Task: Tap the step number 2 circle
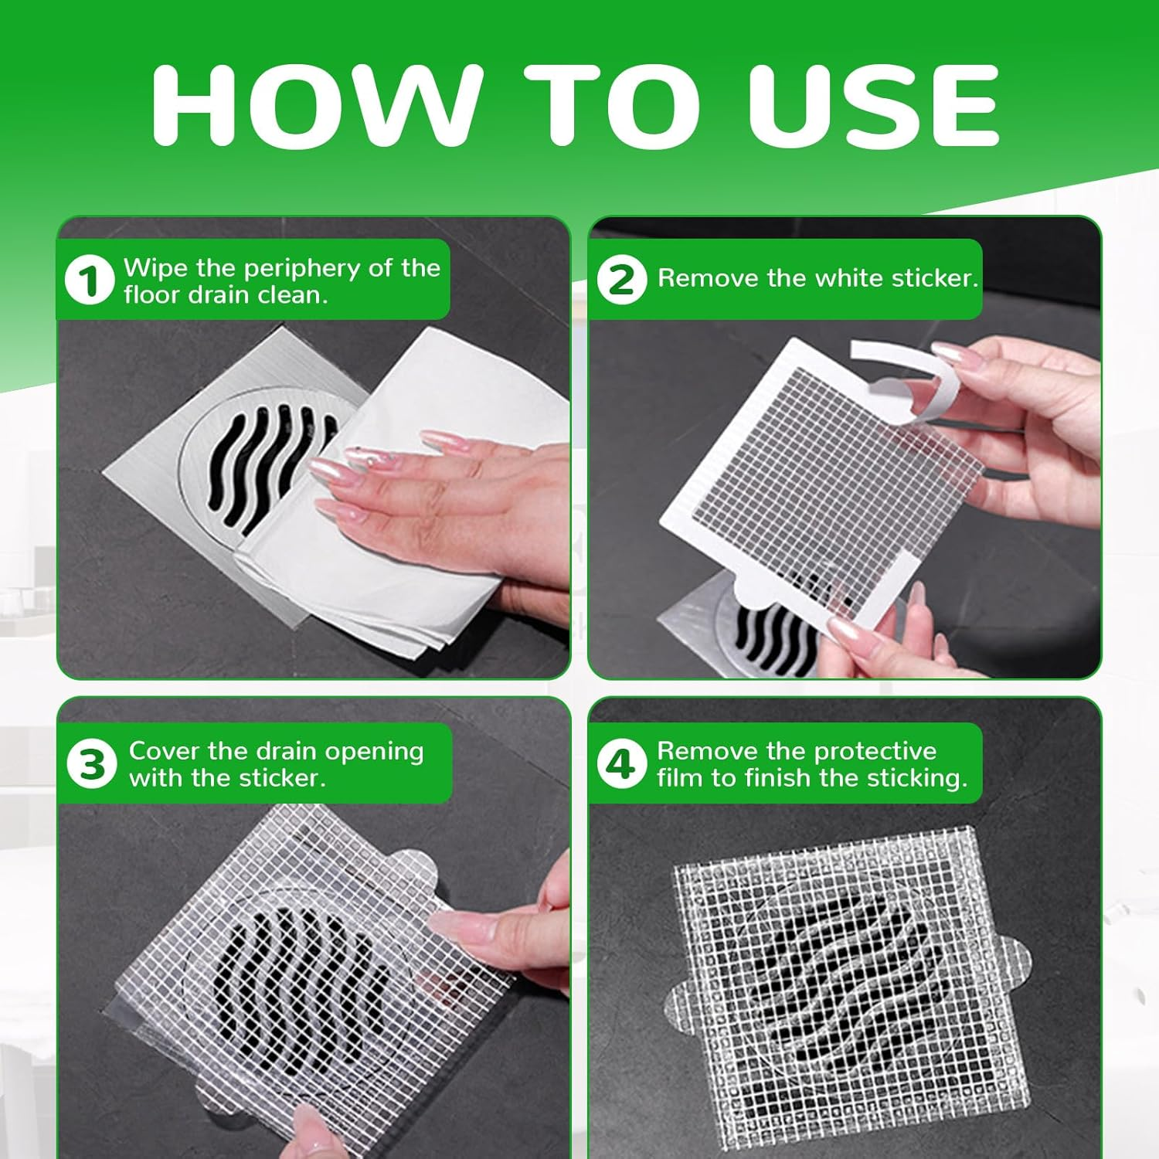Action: click(621, 279)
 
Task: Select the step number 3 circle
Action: click(92, 764)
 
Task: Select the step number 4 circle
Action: click(621, 764)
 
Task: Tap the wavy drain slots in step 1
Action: click(263, 464)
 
